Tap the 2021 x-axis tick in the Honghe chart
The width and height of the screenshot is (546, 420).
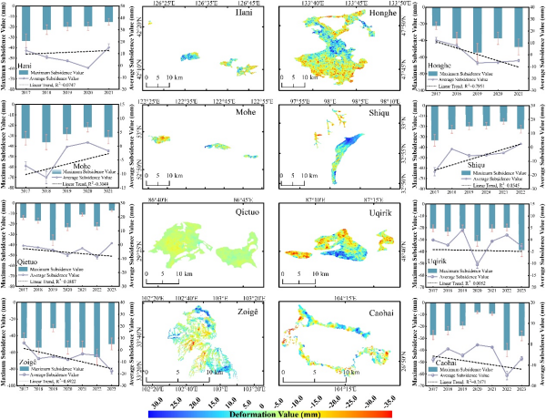(x=520, y=94)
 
